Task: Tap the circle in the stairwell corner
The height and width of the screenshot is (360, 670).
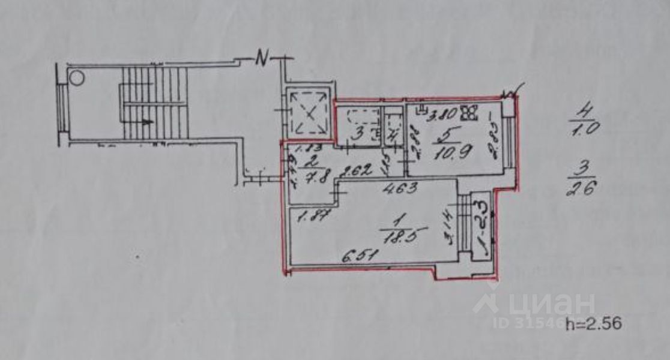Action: [x=76, y=77]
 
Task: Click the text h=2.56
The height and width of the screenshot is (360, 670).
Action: [x=593, y=324]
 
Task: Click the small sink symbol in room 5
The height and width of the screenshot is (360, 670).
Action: [x=423, y=109]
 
